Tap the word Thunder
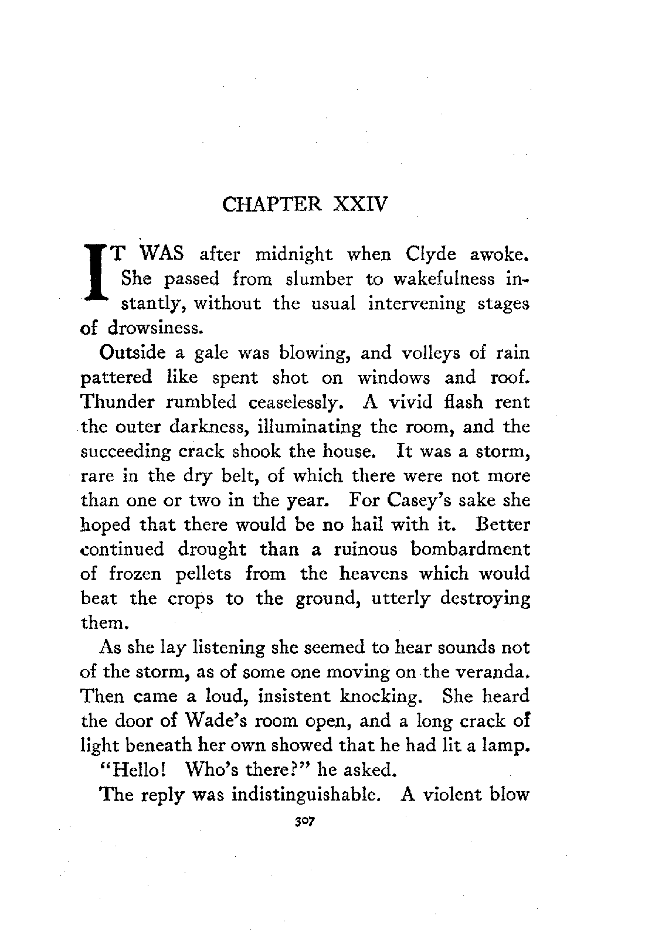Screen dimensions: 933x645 (x=120, y=403)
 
